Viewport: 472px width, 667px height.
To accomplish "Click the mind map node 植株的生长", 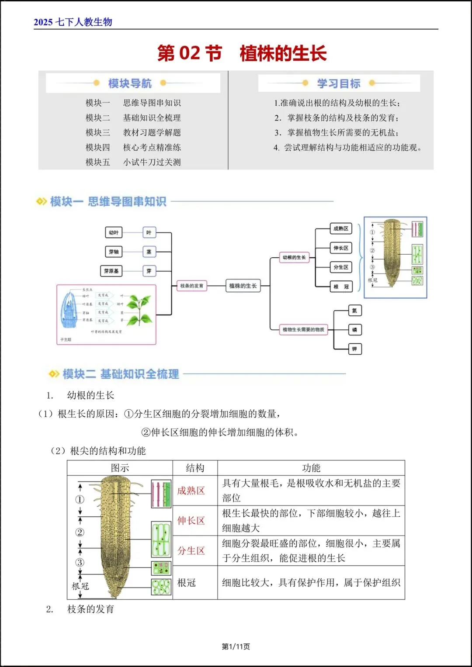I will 243,286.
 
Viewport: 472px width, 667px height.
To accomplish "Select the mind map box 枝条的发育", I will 191,286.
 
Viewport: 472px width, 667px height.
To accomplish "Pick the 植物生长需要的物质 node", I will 303,330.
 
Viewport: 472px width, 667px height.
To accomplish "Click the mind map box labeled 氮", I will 354,311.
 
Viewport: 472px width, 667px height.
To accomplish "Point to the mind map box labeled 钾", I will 354,349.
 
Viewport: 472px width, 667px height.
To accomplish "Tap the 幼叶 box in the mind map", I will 114,233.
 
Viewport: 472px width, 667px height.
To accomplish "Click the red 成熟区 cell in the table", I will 191,491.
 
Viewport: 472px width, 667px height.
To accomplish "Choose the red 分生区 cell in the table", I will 191,551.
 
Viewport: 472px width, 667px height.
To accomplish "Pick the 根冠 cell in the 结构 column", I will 187,583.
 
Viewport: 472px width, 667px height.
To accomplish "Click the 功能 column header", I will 311,468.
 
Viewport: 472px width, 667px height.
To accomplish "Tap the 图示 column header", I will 120,468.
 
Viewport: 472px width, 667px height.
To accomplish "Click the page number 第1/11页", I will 236,646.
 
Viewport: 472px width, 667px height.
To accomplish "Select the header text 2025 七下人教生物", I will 73,22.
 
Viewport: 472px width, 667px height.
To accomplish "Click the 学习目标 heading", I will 339,83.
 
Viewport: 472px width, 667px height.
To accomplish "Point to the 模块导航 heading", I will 130,83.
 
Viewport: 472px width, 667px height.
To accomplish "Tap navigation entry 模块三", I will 98,133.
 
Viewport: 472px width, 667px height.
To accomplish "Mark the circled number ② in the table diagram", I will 80,532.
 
